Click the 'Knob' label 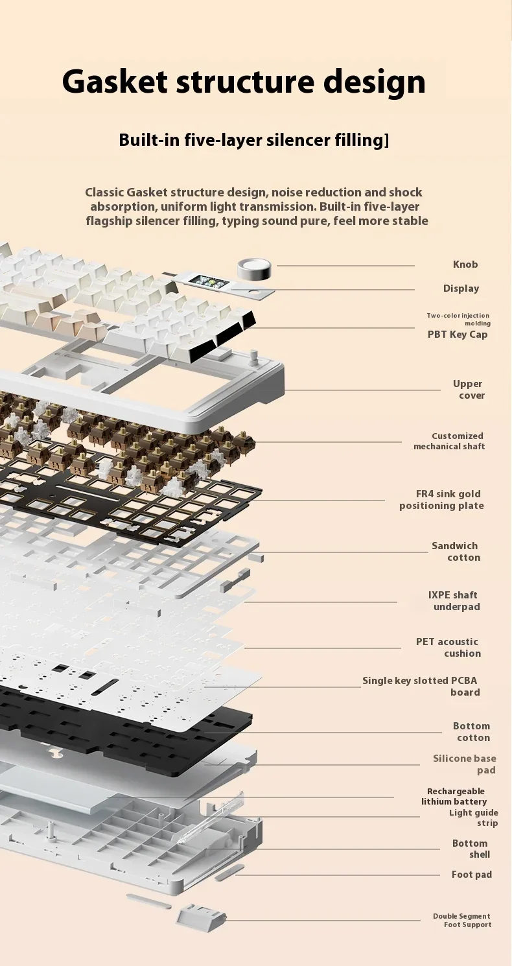coord(465,265)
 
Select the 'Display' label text coord(461,289)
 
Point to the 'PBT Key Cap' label coord(458,335)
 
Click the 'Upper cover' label coord(468,390)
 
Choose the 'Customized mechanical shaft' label coord(449,441)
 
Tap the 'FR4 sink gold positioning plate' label coord(441,500)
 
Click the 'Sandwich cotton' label coord(456,552)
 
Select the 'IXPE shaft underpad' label coord(454,601)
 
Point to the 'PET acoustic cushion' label coord(448,648)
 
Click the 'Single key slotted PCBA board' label coord(421,687)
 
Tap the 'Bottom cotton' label coord(471,732)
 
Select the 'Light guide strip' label coord(474,818)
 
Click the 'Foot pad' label coord(471,875)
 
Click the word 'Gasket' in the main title coord(115,82)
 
